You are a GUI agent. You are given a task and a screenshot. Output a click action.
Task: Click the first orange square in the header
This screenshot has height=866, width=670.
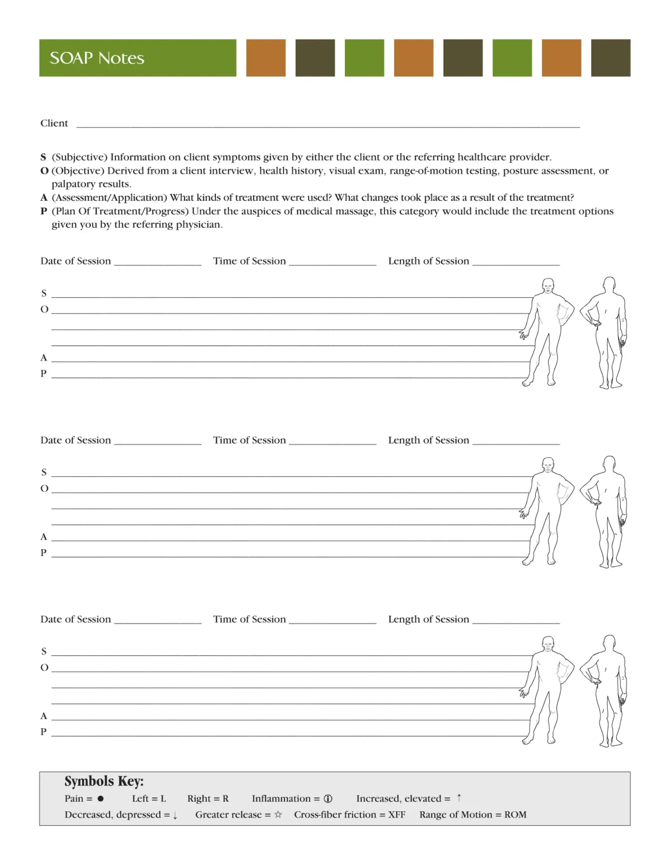point(266,58)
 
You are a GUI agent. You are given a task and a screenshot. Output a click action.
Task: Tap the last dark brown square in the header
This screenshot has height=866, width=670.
point(610,58)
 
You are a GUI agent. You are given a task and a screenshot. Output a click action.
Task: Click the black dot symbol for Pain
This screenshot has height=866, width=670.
point(100,799)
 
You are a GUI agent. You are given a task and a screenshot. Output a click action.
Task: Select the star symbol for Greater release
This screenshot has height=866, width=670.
point(278,814)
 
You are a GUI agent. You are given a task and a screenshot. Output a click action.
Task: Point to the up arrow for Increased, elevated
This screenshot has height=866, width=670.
point(459,798)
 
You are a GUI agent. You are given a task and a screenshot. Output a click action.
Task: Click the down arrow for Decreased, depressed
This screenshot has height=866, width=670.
point(175,815)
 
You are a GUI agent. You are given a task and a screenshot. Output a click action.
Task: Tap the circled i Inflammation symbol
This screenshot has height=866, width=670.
point(328,799)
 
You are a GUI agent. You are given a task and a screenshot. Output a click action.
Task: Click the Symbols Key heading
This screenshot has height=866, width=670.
point(104,781)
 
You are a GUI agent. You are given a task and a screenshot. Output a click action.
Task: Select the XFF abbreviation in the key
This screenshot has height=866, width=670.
point(396,814)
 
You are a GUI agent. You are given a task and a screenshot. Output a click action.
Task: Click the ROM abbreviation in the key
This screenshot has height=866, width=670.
point(515,814)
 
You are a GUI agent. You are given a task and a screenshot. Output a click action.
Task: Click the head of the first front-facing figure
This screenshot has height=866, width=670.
point(548,285)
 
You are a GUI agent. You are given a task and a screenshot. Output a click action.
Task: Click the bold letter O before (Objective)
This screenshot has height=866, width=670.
point(44,171)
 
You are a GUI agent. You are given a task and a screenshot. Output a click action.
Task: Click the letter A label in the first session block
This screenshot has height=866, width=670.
point(44,358)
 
